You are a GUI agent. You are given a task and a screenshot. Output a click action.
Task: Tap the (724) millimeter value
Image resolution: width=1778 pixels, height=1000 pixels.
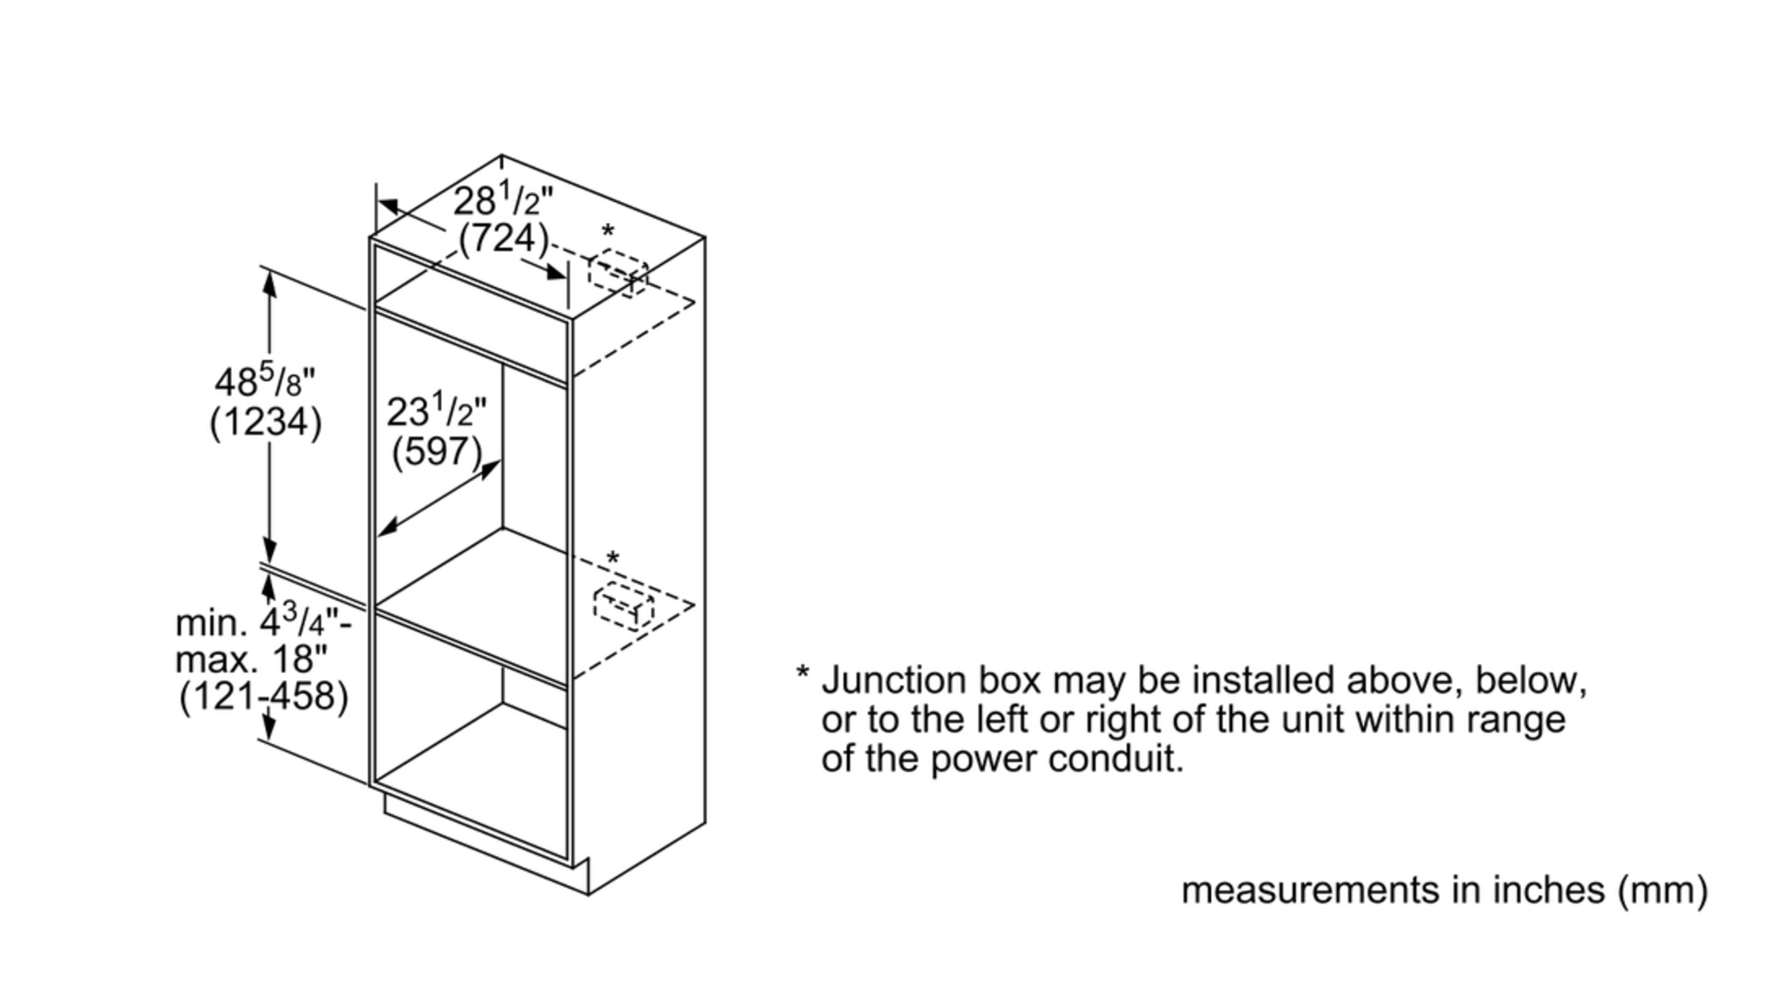(x=503, y=239)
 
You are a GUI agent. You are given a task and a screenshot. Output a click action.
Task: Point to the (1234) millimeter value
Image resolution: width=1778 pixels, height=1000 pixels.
(x=266, y=421)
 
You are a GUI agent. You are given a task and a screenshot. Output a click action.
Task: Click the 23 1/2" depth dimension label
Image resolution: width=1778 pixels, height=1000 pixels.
(x=436, y=412)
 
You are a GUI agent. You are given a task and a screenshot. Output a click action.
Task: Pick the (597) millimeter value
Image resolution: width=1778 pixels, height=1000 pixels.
(x=436, y=452)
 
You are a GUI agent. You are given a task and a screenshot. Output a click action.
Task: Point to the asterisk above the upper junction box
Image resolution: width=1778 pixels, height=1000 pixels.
(x=607, y=231)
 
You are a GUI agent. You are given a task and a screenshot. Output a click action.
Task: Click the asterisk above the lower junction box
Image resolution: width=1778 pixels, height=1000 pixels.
(x=612, y=558)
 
